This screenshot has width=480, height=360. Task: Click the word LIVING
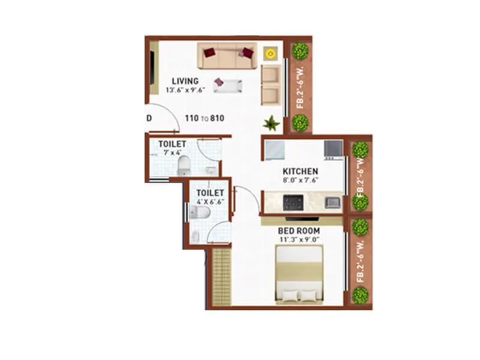point(185,82)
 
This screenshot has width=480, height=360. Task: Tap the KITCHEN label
point(300,172)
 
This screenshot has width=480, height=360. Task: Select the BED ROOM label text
point(298,231)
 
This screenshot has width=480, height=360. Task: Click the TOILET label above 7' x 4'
point(172,144)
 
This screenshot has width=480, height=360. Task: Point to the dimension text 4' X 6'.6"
point(210,202)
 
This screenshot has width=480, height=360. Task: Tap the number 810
point(217,118)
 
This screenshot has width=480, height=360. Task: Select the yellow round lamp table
point(270,54)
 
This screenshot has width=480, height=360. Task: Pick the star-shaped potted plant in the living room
point(271,123)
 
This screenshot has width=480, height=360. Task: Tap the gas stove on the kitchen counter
point(293,202)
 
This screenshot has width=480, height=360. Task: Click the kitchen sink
point(333,202)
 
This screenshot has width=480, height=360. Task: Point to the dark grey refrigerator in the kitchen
point(333,148)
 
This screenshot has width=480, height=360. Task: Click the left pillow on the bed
point(290,296)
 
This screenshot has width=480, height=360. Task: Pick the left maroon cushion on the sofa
point(209,53)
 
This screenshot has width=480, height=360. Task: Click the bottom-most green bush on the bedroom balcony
point(361,295)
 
